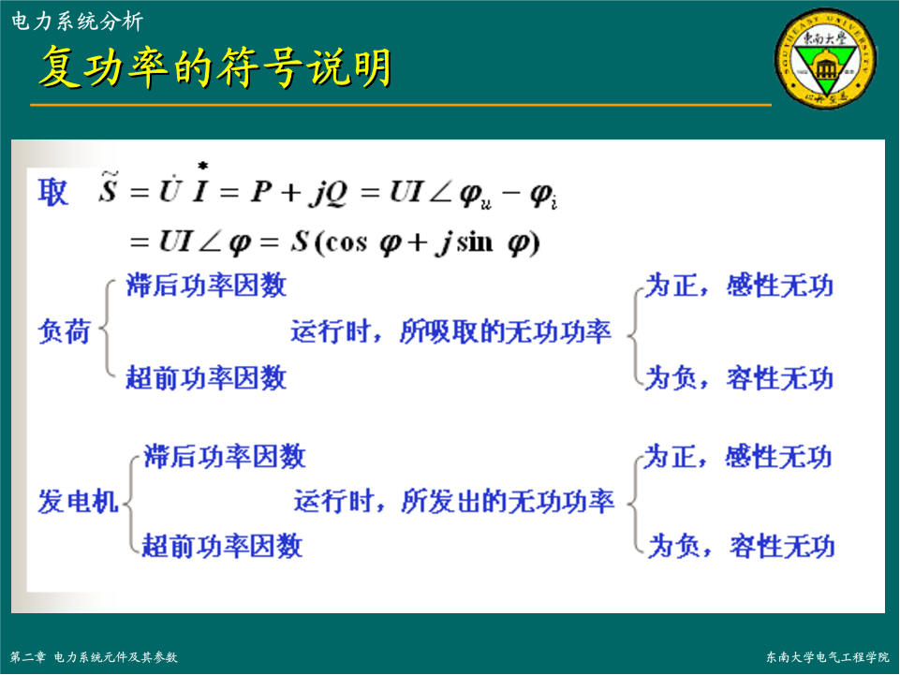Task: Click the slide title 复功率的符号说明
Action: tap(215, 66)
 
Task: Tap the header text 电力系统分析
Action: tap(77, 22)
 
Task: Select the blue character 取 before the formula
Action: tap(52, 192)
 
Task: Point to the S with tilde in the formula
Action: tap(108, 187)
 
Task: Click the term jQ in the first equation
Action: tap(329, 192)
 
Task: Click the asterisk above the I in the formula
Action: tap(202, 166)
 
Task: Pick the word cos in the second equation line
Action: tap(346, 242)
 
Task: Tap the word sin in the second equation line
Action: tap(475, 242)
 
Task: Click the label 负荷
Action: tap(64, 331)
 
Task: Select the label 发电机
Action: tap(78, 501)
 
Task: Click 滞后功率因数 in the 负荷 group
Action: tap(206, 286)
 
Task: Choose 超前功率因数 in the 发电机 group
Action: tap(222, 546)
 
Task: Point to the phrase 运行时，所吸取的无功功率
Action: tap(451, 331)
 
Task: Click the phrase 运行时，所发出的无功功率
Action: tap(454, 501)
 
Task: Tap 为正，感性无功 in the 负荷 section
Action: tap(739, 286)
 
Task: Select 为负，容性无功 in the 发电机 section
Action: tap(742, 546)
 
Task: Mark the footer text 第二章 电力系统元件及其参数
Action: tap(94, 657)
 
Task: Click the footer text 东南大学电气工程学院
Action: tap(827, 657)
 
